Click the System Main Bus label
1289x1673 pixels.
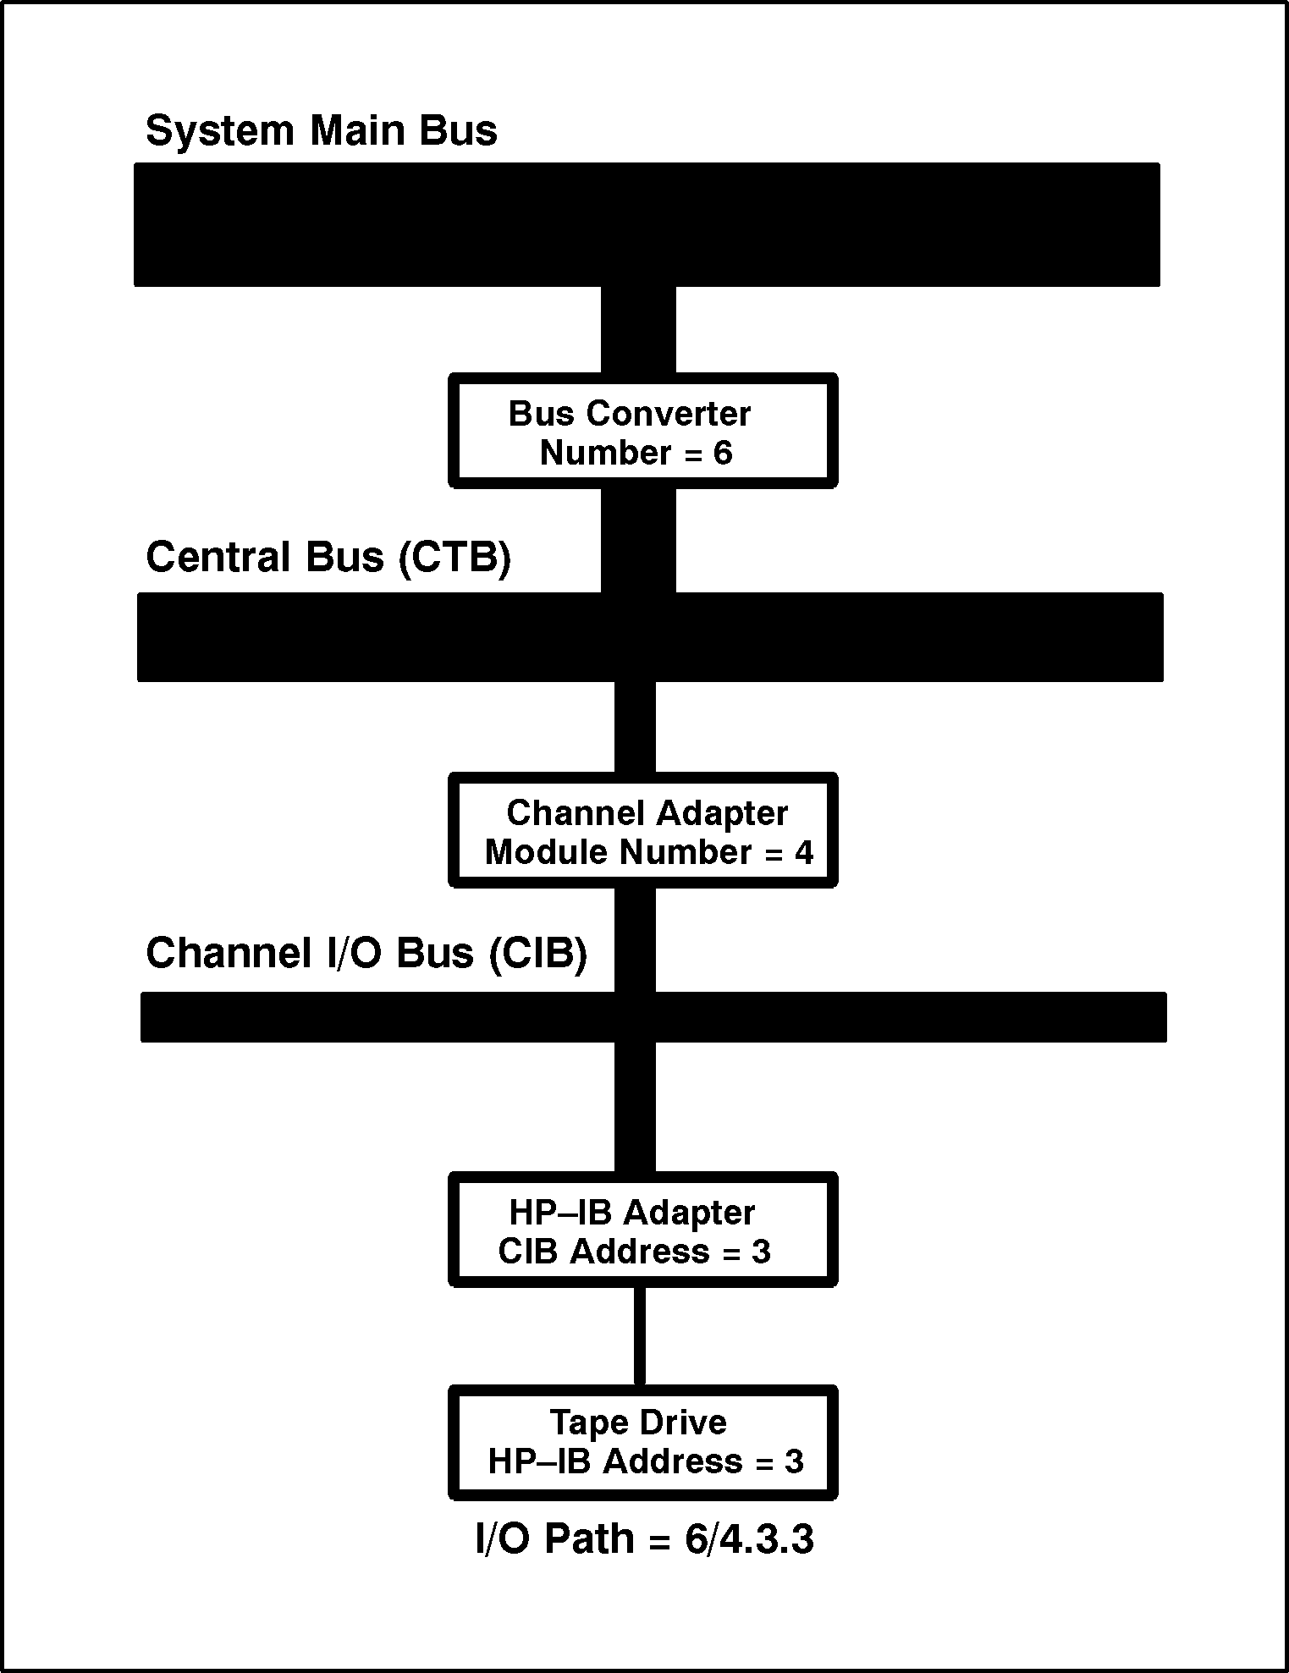click(321, 131)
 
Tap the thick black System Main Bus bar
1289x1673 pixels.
click(647, 224)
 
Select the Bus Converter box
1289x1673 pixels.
click(642, 431)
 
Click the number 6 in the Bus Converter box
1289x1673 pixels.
click(722, 454)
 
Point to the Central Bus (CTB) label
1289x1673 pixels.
click(328, 558)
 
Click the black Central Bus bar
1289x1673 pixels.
click(649, 636)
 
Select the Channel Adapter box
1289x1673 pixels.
click(642, 830)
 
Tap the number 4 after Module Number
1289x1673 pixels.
click(803, 853)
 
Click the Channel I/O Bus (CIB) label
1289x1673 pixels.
click(366, 953)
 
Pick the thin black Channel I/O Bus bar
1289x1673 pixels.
click(653, 1016)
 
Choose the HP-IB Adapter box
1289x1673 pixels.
click(642, 1230)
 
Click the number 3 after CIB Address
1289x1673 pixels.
click(761, 1252)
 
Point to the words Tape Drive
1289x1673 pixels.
click(638, 1423)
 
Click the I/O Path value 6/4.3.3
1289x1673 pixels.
click(749, 1539)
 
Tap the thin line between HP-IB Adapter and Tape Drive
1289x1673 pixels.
click(639, 1336)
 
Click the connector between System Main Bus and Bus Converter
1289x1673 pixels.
click(638, 330)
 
